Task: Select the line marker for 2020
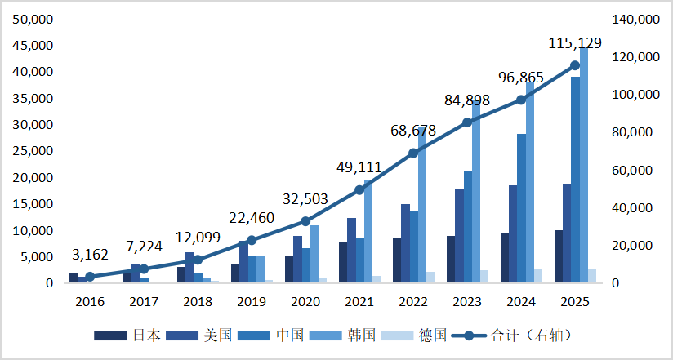(x=305, y=221)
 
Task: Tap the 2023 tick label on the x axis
(x=467, y=302)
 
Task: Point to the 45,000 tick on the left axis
(x=33, y=46)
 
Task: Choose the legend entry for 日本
(x=127, y=336)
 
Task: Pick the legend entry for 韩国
(x=342, y=336)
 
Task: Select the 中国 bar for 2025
(x=575, y=180)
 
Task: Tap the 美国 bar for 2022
(x=406, y=243)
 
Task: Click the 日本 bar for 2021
(x=343, y=262)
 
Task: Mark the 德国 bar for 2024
(x=537, y=276)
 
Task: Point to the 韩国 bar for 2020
(x=314, y=254)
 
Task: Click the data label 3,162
(x=90, y=255)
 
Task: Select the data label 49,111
(x=359, y=167)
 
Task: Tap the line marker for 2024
(x=521, y=100)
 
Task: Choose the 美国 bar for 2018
(x=189, y=267)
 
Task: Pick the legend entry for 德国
(x=414, y=336)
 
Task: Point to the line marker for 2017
(x=144, y=269)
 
